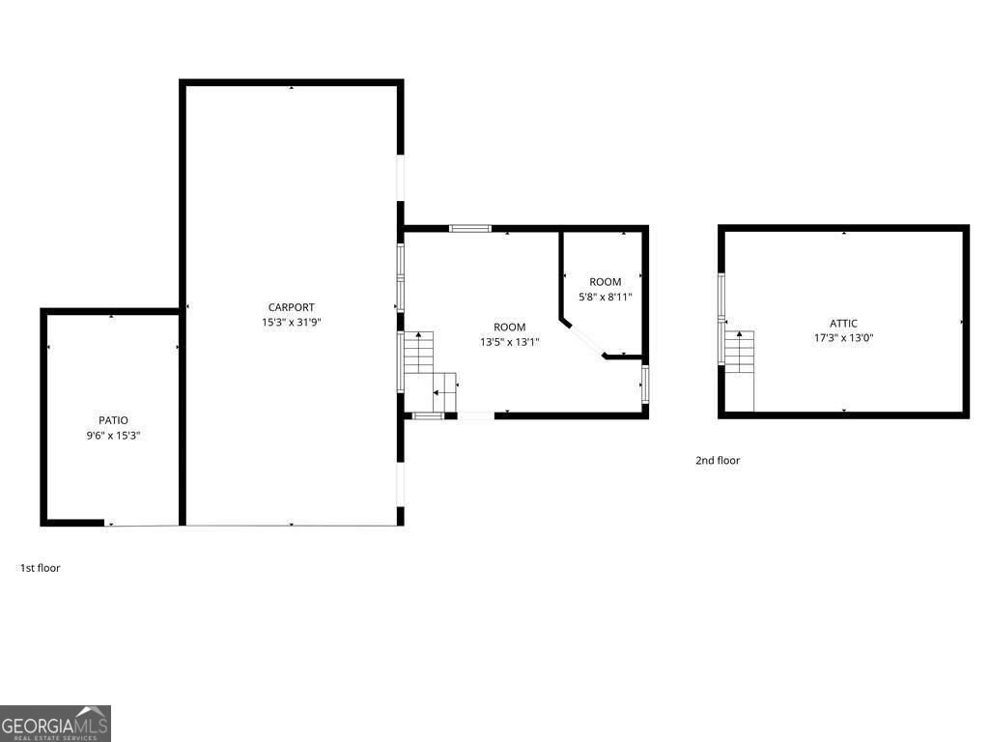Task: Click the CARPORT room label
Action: click(x=291, y=307)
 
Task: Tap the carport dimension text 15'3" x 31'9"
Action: click(x=291, y=323)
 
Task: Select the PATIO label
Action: click(x=113, y=420)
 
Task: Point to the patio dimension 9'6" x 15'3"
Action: click(x=113, y=436)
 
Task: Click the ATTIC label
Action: click(x=843, y=324)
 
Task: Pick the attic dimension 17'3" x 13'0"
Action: click(x=843, y=338)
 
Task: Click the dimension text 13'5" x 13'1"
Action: click(x=509, y=342)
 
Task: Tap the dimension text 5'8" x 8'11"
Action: click(x=606, y=297)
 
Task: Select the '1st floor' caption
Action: click(x=41, y=568)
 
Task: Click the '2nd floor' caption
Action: click(x=718, y=461)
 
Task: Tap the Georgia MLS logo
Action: click(x=55, y=724)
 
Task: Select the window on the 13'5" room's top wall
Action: click(x=470, y=229)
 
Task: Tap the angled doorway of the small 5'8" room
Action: click(x=584, y=339)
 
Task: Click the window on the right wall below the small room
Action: click(x=645, y=384)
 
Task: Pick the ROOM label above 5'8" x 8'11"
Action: click(x=606, y=282)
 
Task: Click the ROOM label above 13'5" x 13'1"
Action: click(x=509, y=328)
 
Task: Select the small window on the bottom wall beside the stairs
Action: click(x=428, y=415)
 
